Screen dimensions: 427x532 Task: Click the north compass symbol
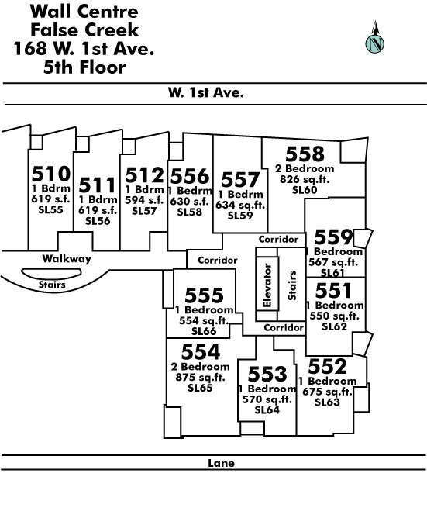click(375, 37)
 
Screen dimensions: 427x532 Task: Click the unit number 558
click(305, 154)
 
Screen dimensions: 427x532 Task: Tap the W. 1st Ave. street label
click(206, 92)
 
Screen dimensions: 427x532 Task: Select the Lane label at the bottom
click(221, 463)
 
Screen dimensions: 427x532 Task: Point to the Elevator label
click(267, 285)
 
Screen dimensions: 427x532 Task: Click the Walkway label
click(67, 258)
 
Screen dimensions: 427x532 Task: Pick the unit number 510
click(51, 174)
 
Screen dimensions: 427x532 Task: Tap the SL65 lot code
click(200, 388)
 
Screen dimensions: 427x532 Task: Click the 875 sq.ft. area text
click(201, 377)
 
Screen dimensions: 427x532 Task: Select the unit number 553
click(267, 374)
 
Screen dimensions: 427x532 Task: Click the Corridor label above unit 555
click(218, 261)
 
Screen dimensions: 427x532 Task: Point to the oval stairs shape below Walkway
click(51, 273)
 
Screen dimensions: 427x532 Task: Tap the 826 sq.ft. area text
click(305, 179)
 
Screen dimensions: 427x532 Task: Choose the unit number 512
click(144, 175)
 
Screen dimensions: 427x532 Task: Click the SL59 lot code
click(240, 216)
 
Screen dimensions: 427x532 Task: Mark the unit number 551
click(334, 290)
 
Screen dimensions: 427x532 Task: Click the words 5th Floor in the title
click(84, 67)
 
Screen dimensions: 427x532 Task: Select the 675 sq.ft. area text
click(327, 392)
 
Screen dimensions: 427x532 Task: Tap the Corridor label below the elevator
click(284, 328)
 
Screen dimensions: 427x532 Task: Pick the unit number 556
click(190, 176)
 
